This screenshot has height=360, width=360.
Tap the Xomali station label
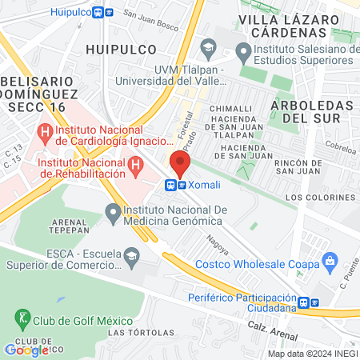(205, 185)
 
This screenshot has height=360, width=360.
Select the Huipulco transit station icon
(102, 12)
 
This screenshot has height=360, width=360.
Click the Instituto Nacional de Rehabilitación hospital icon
(136, 167)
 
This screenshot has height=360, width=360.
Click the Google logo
(26, 349)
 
